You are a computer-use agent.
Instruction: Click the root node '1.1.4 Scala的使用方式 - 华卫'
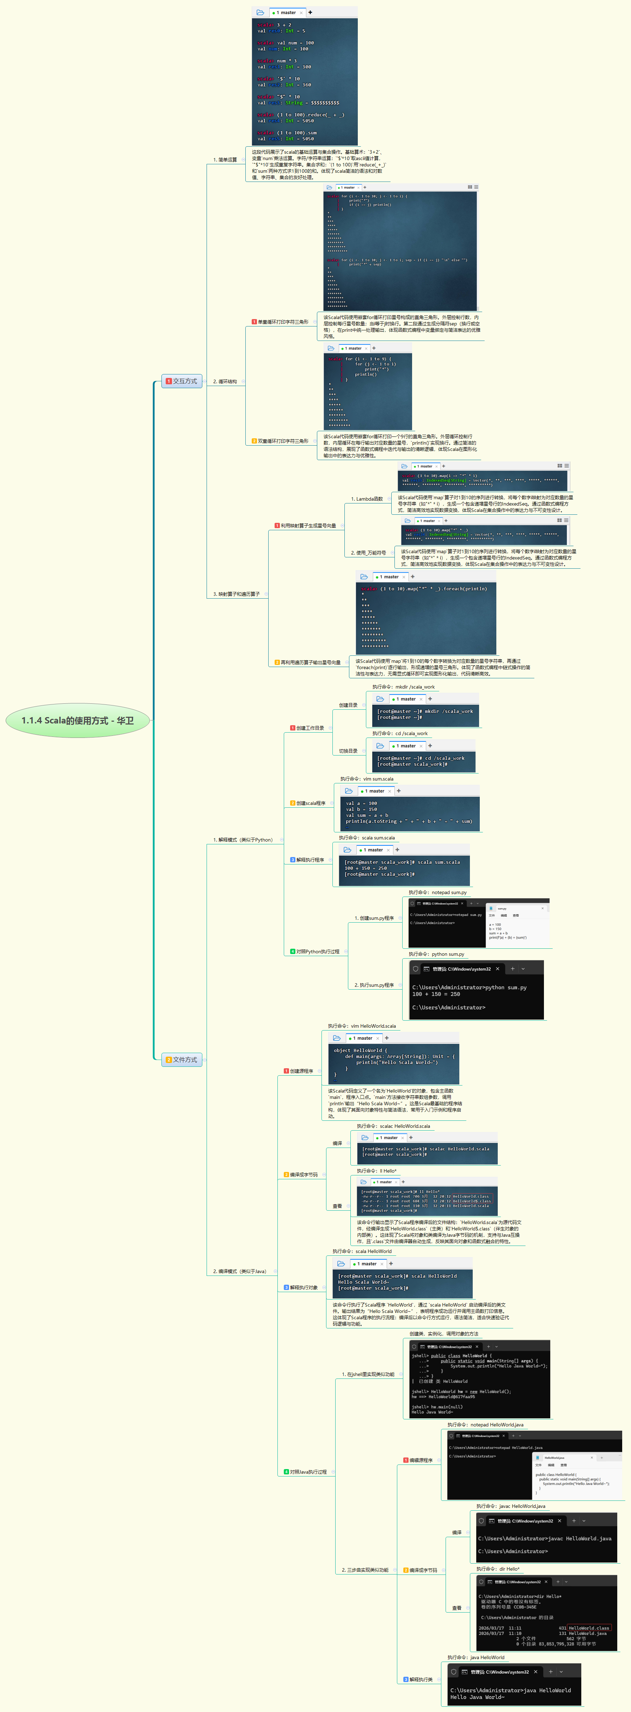[x=78, y=720]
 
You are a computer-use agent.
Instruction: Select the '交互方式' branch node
[x=182, y=381]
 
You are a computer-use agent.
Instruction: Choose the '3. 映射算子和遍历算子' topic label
[x=236, y=594]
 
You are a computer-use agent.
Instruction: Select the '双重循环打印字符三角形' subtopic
[x=282, y=441]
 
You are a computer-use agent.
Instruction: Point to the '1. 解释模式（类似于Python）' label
[x=243, y=840]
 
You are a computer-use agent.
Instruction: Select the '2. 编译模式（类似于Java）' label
[x=239, y=1271]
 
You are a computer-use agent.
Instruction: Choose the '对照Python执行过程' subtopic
[x=317, y=952]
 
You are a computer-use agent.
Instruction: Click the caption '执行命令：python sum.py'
[x=436, y=954]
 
